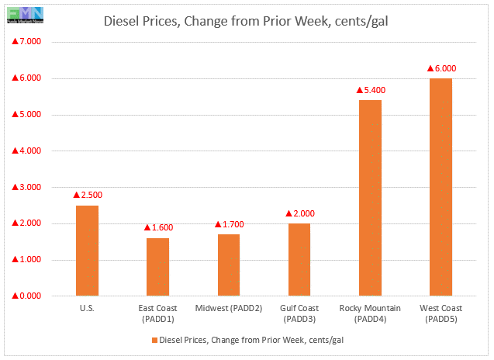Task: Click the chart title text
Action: pyautogui.click(x=246, y=20)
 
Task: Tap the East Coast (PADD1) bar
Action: pyautogui.click(x=157, y=267)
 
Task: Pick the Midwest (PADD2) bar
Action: pyautogui.click(x=228, y=265)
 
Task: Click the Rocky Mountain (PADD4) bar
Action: pyautogui.click(x=370, y=198)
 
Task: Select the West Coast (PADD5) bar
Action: pyautogui.click(x=440, y=187)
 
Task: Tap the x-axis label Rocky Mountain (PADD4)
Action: pyautogui.click(x=370, y=313)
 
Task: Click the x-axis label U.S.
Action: pyautogui.click(x=87, y=309)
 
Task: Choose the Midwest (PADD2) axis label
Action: pyautogui.click(x=228, y=309)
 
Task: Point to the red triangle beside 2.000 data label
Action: pyautogui.click(x=288, y=213)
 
